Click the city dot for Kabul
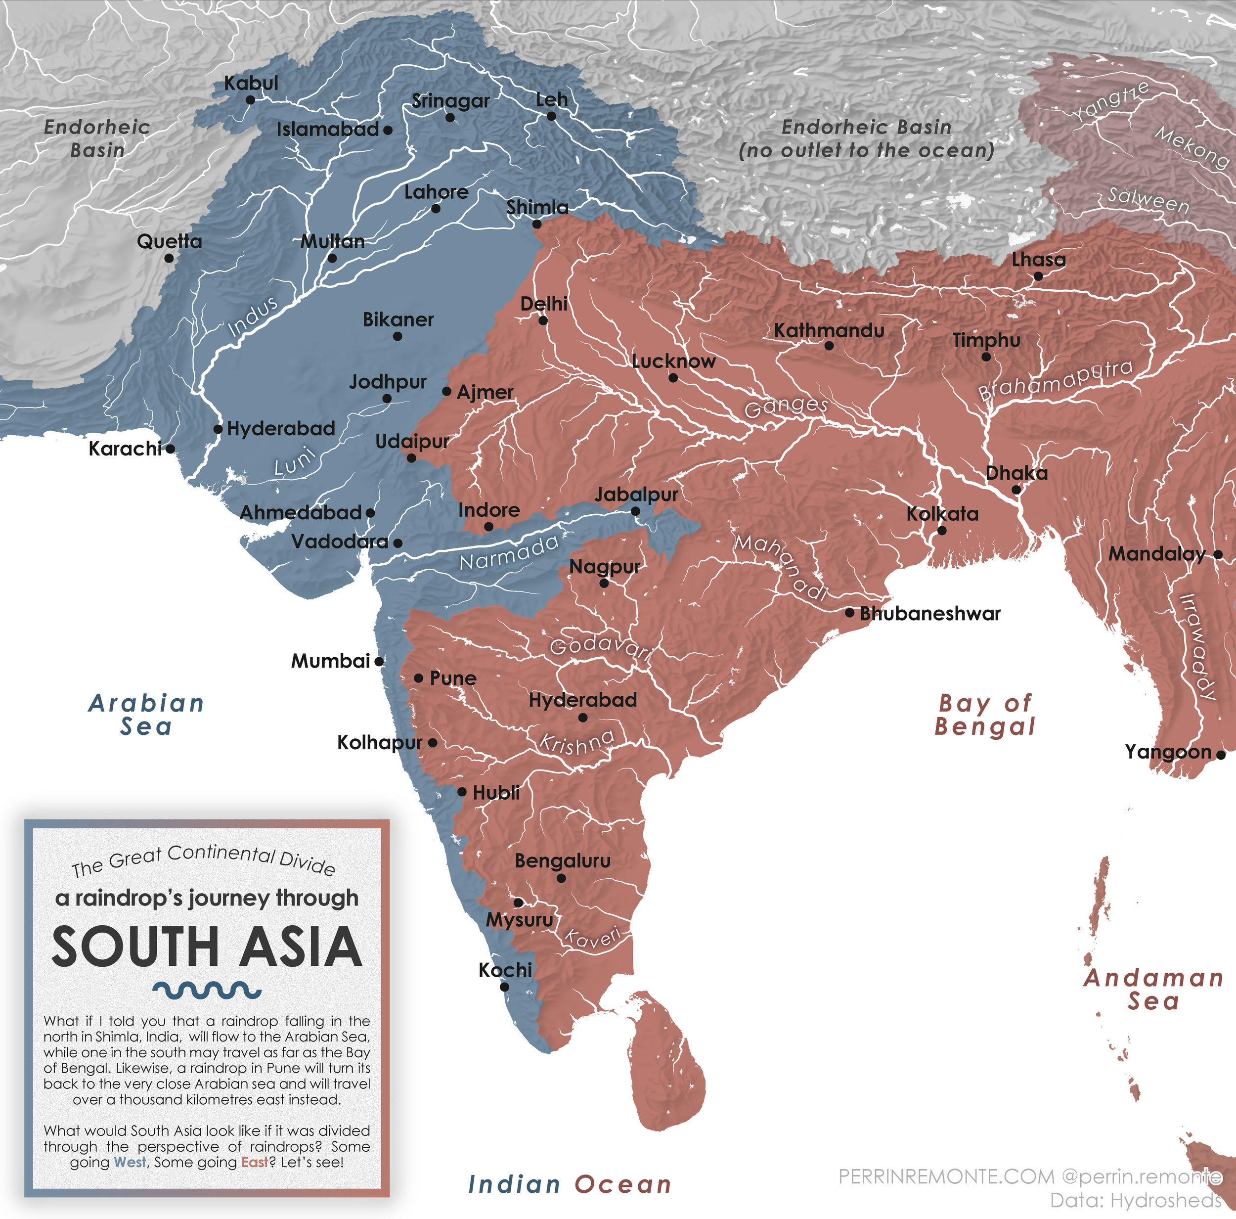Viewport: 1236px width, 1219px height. [x=250, y=100]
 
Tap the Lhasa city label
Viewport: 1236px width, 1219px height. [x=1038, y=259]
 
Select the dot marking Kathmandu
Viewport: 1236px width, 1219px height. [x=829, y=346]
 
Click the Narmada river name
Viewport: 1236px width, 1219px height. [x=509, y=552]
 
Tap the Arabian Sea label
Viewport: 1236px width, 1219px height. [x=146, y=715]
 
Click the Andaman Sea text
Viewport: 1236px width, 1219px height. [x=1153, y=989]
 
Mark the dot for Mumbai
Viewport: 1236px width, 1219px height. [x=379, y=662]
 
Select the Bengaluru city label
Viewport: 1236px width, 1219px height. [x=562, y=860]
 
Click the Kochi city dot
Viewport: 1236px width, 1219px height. [x=504, y=987]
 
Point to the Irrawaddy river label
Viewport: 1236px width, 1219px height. [x=1197, y=646]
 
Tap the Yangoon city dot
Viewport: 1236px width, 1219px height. [x=1221, y=755]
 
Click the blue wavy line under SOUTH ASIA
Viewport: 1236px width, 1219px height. [x=207, y=991]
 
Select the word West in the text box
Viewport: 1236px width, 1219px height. [x=130, y=1162]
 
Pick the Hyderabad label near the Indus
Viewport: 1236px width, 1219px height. [x=281, y=428]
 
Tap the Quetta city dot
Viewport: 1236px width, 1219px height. [x=169, y=259]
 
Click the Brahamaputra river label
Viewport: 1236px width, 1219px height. [x=1056, y=379]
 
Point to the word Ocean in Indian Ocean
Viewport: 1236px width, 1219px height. [x=622, y=1184]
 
